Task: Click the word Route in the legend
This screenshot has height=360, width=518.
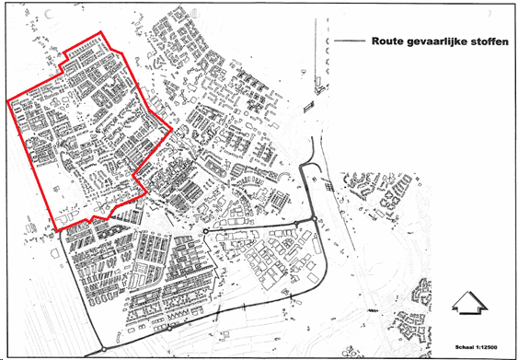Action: pyautogui.click(x=386, y=41)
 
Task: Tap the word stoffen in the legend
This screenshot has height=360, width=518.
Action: pyautogui.click(x=486, y=41)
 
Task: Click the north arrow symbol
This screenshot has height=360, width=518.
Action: pyautogui.click(x=466, y=303)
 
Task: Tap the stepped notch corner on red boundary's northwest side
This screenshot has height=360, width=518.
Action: pyautogui.click(x=63, y=71)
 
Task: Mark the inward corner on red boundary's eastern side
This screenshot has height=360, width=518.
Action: pyautogui.click(x=135, y=174)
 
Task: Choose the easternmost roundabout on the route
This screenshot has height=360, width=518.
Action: pyautogui.click(x=314, y=218)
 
